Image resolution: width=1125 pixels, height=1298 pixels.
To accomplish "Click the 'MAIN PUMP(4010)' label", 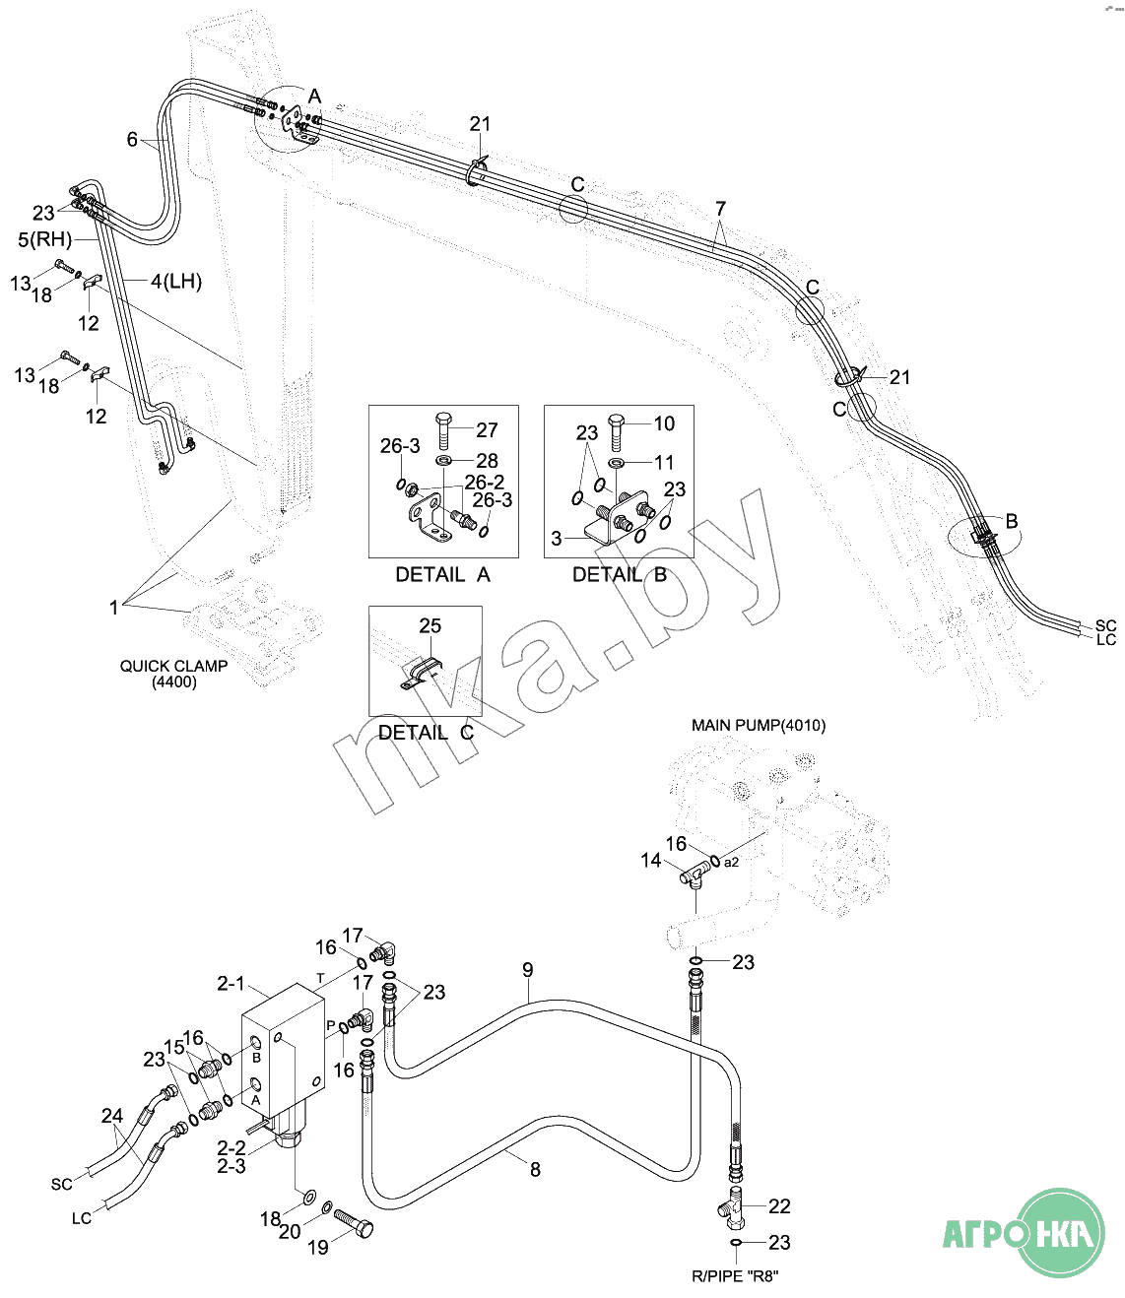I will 759,726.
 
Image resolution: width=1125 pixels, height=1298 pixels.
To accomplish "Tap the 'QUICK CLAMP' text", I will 173,667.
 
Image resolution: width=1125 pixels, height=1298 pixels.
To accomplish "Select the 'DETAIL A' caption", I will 442,575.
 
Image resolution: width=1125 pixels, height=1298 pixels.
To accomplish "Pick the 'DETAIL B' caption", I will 620,575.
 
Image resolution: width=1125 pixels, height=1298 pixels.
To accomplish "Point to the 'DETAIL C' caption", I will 426,733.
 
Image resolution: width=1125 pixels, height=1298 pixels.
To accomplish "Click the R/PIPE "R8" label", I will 735,1276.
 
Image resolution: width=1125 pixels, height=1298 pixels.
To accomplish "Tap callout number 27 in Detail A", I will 487,430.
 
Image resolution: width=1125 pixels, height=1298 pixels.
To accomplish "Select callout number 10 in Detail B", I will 664,423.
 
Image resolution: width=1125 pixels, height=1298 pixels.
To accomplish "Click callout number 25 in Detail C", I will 430,626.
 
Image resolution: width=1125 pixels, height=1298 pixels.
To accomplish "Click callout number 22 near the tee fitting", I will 779,1206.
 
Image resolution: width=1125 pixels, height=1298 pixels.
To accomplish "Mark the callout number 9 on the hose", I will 528,970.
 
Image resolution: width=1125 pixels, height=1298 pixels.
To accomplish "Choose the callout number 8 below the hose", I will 535,1170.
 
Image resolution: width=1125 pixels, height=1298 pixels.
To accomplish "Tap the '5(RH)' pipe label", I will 45,239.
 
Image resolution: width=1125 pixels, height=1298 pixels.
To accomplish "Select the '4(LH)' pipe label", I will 176,282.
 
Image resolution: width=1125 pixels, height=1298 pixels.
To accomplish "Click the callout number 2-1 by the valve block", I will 231,984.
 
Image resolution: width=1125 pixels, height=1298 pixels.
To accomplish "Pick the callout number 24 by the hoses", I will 112,1116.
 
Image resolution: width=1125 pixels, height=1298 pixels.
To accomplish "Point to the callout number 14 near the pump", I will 650,861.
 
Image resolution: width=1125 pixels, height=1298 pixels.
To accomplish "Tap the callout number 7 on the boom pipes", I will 721,209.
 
